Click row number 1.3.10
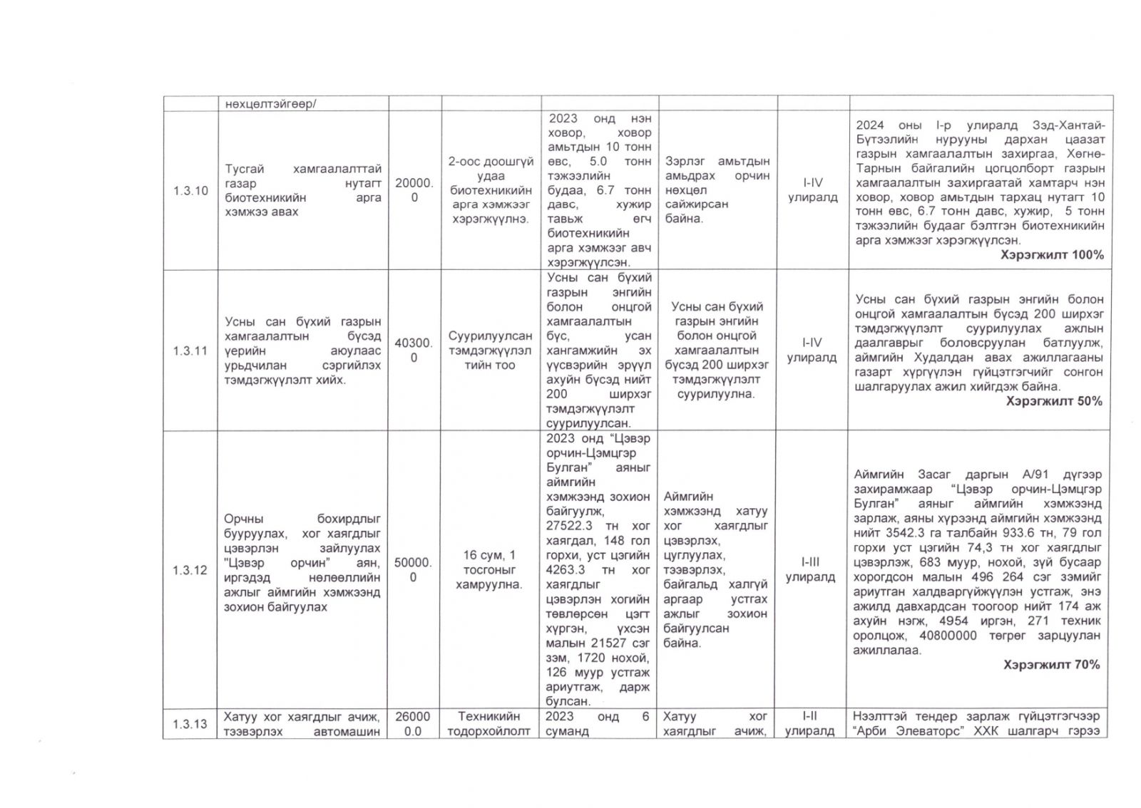pyautogui.click(x=190, y=191)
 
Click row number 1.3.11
pyautogui.click(x=190, y=351)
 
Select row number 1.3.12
pyautogui.click(x=190, y=570)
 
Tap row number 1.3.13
pyautogui.click(x=190, y=724)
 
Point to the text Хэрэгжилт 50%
pyautogui.click(x=1054, y=402)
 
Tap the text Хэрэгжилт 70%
pyautogui.click(x=1051, y=665)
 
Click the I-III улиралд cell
pyautogui.click(x=811, y=570)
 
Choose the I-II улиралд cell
pyautogui.click(x=811, y=724)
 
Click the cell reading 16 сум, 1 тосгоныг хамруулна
pyautogui.click(x=488, y=570)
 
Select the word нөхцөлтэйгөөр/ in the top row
pyautogui.click(x=271, y=104)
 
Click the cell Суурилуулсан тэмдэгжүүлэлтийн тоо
pyautogui.click(x=488, y=351)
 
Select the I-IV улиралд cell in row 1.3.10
pyautogui.click(x=812, y=190)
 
